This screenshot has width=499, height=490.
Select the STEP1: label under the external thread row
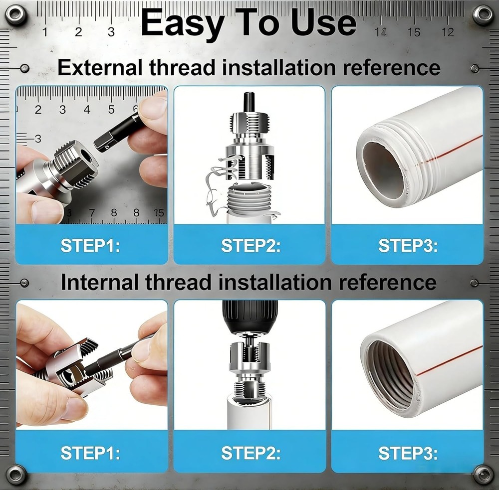(x=90, y=246)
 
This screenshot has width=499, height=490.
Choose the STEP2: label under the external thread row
(x=251, y=246)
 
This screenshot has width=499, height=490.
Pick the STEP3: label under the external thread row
(x=408, y=246)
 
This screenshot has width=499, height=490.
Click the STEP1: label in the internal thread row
(x=90, y=453)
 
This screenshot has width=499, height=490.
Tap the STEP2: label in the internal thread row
(x=251, y=453)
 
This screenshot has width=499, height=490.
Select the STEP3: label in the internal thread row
(x=408, y=453)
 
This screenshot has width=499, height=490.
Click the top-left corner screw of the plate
(x=15, y=14)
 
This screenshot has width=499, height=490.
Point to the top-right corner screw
(x=483, y=14)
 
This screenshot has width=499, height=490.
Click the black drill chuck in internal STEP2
(x=249, y=317)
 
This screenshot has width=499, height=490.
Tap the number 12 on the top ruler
(x=448, y=32)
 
